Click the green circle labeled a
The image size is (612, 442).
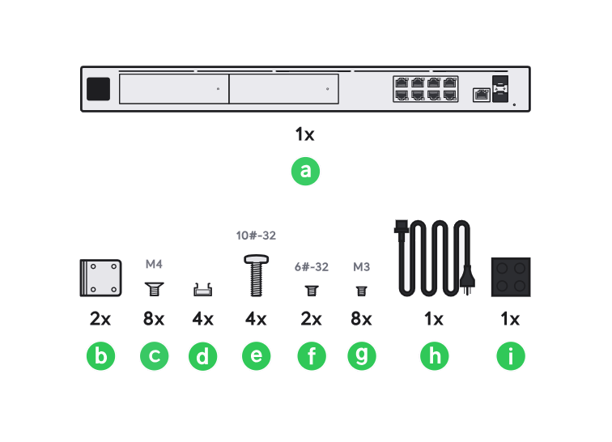click(305, 171)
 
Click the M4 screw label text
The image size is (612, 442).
click(154, 264)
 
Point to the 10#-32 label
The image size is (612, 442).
click(256, 236)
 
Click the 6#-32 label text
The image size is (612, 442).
click(311, 266)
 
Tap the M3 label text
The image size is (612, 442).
click(362, 266)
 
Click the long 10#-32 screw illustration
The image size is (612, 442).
click(256, 276)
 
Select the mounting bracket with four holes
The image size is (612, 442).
click(100, 278)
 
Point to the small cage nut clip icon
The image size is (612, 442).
click(203, 288)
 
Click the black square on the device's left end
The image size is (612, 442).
click(98, 88)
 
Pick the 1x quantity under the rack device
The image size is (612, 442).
click(305, 133)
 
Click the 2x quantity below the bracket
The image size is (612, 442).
click(100, 319)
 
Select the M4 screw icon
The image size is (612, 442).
click(154, 287)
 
